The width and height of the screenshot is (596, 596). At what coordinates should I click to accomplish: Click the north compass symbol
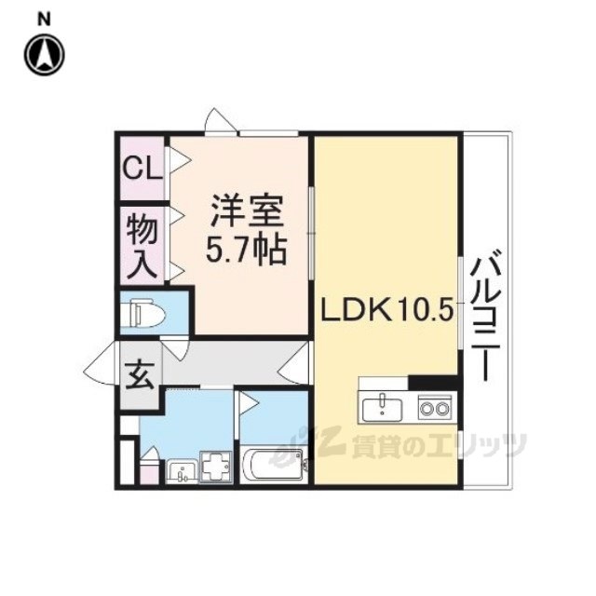click(x=45, y=55)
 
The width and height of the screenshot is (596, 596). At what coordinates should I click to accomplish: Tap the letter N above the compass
click(x=45, y=20)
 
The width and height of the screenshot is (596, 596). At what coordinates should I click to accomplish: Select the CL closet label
click(x=142, y=169)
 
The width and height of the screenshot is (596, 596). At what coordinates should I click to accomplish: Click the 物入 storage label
click(x=142, y=246)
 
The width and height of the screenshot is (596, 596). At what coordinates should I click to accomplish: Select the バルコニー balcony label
click(x=483, y=315)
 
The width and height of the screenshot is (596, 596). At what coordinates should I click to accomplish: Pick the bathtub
click(x=273, y=466)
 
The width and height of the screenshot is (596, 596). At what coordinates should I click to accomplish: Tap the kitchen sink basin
click(x=382, y=410)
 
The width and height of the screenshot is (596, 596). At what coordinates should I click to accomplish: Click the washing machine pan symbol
click(x=215, y=467)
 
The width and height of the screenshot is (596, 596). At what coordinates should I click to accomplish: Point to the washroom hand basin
click(x=183, y=472)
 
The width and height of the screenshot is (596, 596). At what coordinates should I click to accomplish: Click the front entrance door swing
click(x=100, y=363)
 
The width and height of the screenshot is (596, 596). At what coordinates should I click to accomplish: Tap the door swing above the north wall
click(x=222, y=121)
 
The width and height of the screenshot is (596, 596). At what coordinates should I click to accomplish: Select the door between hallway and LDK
click(x=294, y=363)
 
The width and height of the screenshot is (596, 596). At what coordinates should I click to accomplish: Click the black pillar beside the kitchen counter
click(x=433, y=383)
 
